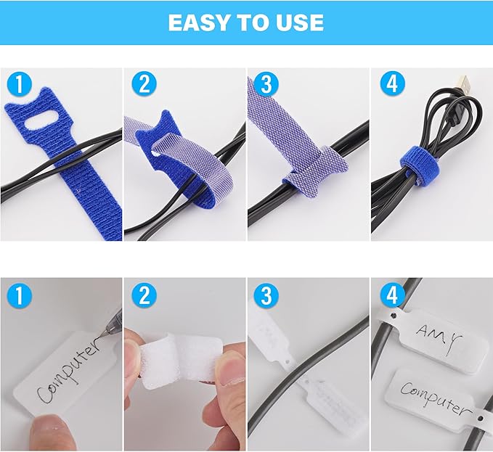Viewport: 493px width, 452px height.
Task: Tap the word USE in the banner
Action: (x=297, y=22)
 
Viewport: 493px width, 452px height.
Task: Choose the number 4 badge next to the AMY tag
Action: (x=391, y=297)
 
